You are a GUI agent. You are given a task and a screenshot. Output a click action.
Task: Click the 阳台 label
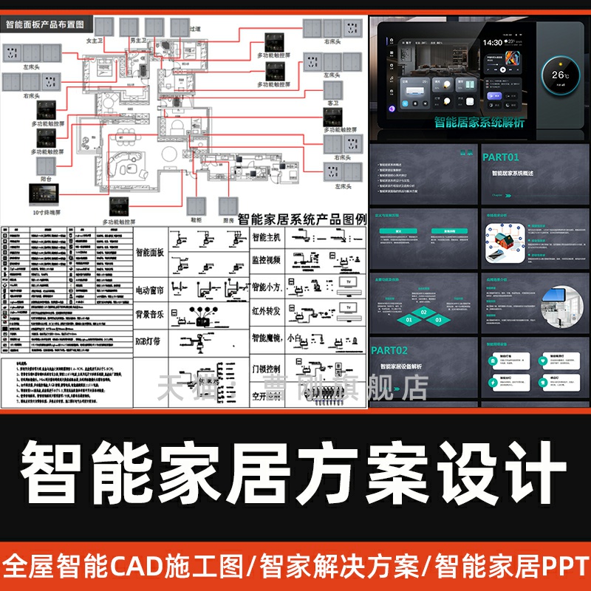pyautogui.click(x=47, y=178)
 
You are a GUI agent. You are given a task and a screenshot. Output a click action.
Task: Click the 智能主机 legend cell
pyautogui.click(x=267, y=238)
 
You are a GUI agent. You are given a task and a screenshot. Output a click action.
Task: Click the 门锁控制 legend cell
pyautogui.click(x=267, y=367)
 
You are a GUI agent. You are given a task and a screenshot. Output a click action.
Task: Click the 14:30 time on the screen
pyautogui.click(x=493, y=43)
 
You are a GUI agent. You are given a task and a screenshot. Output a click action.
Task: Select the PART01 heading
pyautogui.click(x=500, y=157)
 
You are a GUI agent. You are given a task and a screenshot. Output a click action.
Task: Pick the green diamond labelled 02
pyautogui.click(x=424, y=312)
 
